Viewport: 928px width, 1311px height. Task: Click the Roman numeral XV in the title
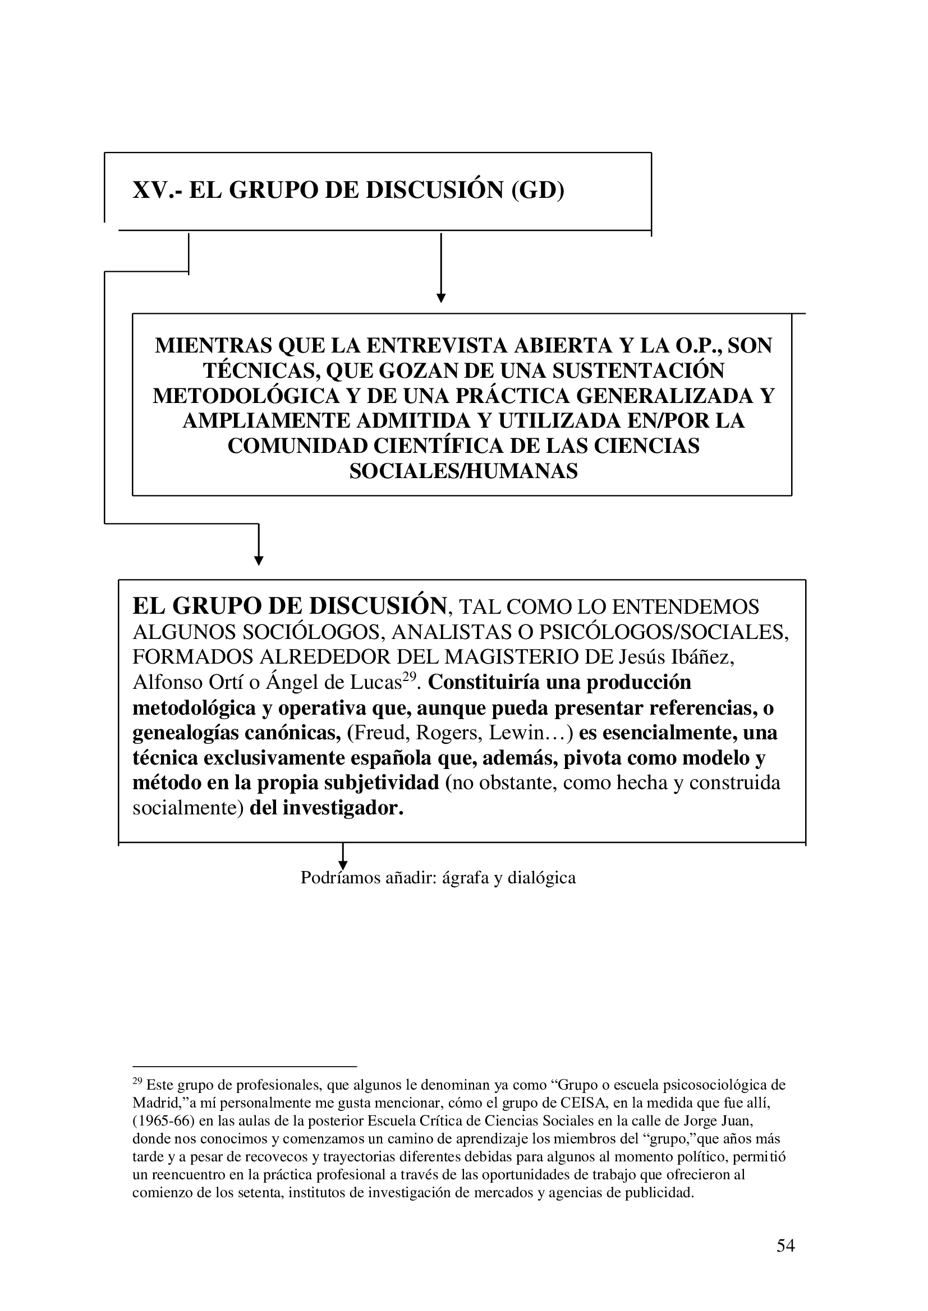(150, 190)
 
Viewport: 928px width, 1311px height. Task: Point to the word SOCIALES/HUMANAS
(463, 471)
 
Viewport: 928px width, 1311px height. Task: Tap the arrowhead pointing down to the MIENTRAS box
(440, 298)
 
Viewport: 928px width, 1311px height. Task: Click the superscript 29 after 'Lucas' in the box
(407, 677)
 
